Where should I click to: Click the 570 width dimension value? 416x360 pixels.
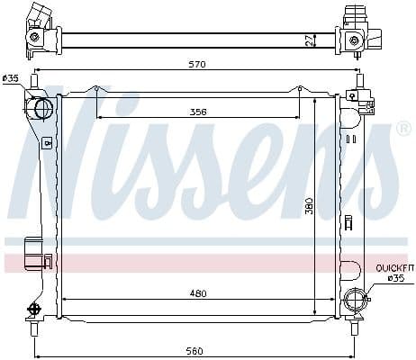tap(198, 64)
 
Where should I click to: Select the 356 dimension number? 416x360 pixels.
tap(198, 112)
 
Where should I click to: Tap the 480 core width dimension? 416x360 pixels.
tap(198, 293)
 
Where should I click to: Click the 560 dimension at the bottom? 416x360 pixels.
tap(194, 351)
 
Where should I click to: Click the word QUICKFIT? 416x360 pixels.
tap(394, 268)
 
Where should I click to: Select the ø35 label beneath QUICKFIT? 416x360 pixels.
tap(396, 278)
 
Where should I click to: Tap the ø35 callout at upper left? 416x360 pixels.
tap(11, 78)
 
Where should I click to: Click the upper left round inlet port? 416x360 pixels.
tap(44, 108)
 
